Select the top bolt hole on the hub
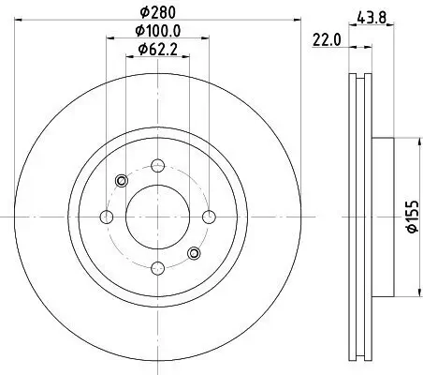click(x=156, y=167)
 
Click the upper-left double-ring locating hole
click(x=119, y=180)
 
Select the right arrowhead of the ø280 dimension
click(x=291, y=23)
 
